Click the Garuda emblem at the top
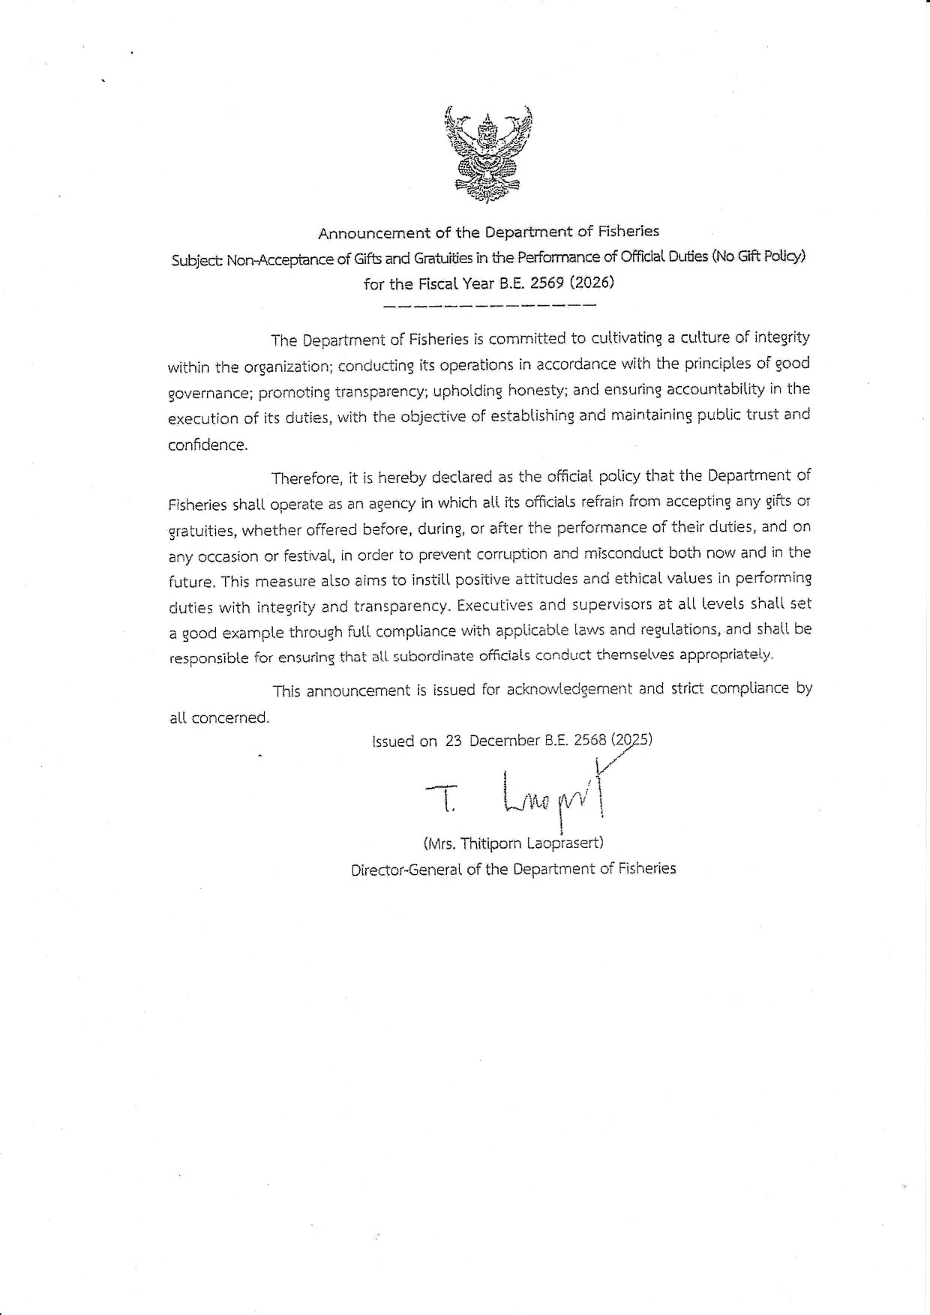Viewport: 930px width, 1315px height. coord(488,154)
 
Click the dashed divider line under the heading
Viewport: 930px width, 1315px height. coord(488,306)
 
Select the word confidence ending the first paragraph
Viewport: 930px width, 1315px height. coord(207,444)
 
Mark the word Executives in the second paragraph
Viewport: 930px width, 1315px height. coord(497,605)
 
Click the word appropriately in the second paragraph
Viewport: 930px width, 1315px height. coord(725,655)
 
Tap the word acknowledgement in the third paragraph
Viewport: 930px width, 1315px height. coord(569,689)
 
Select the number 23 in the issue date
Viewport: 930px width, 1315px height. coord(453,741)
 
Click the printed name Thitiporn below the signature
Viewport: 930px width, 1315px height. coord(484,843)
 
